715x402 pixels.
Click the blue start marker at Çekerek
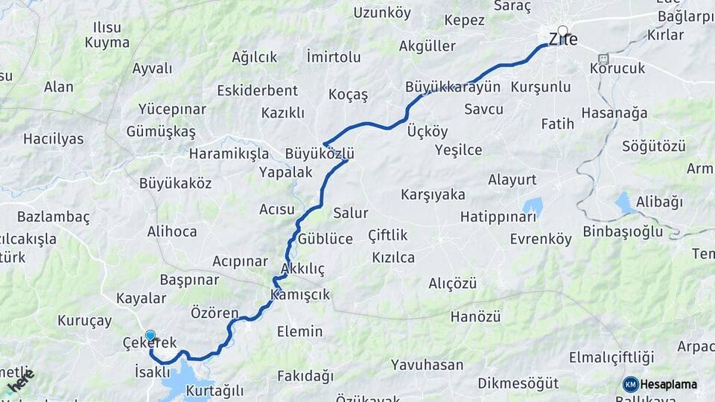[150, 336]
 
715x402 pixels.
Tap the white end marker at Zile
[562, 31]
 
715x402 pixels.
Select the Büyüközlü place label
[319, 154]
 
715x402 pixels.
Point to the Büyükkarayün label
[453, 87]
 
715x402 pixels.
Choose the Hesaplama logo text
[668, 384]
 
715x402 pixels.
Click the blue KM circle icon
[630, 384]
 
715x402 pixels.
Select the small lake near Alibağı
[623, 202]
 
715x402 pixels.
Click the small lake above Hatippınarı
[533, 205]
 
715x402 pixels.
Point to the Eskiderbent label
[258, 91]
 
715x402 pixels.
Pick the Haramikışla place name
[229, 154]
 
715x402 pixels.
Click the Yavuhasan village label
[427, 366]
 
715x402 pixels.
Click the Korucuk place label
[617, 68]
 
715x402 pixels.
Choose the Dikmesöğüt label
[518, 383]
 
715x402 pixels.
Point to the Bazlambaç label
[53, 217]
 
